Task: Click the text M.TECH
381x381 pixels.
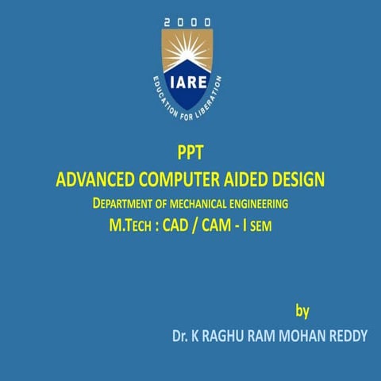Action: (131, 226)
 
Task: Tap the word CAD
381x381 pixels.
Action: (179, 226)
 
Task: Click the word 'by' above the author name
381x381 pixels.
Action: (302, 310)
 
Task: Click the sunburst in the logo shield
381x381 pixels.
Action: (187, 55)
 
